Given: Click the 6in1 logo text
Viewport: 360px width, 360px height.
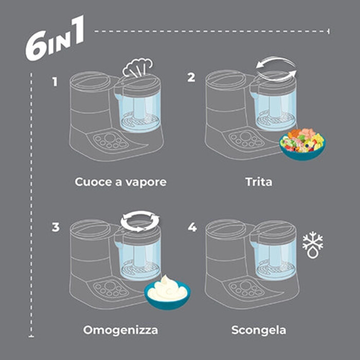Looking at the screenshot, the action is (x=55, y=38).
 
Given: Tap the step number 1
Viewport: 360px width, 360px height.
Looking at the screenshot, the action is (x=55, y=82).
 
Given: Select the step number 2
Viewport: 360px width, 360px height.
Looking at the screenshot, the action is (x=191, y=77).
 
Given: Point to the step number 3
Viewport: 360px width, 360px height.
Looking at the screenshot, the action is (x=56, y=227).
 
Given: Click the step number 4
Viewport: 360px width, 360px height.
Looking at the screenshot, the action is (x=192, y=227).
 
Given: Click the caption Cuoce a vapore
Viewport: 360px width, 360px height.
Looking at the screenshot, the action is (x=120, y=182).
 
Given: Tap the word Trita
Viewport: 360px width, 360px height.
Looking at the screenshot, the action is (x=259, y=182).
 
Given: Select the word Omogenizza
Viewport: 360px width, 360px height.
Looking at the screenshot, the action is (x=120, y=330).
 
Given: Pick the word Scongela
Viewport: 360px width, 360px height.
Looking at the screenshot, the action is (x=259, y=330).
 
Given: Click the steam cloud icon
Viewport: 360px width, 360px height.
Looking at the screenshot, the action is (x=137, y=67).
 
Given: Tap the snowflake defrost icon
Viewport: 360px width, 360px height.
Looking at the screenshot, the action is (x=313, y=245).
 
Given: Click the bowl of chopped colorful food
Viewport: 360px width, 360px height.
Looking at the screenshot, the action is (x=302, y=144).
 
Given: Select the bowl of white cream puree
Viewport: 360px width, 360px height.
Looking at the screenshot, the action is (x=167, y=293).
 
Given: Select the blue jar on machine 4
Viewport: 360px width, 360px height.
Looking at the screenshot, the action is (x=275, y=258).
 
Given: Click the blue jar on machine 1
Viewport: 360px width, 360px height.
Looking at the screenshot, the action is (x=139, y=111).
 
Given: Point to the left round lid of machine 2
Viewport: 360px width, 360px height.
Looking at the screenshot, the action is (x=225, y=80).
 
